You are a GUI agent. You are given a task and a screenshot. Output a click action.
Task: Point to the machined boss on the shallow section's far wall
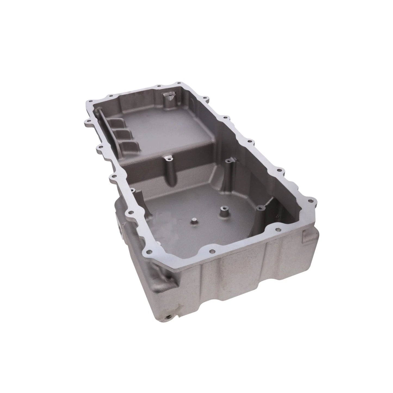[167, 97]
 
